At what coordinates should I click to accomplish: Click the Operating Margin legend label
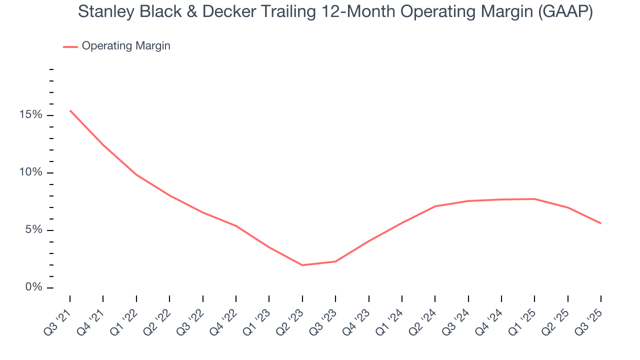point(126,46)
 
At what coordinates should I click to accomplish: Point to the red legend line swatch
point(70,46)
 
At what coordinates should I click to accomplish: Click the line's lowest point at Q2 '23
point(302,265)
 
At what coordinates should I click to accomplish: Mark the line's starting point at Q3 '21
point(70,110)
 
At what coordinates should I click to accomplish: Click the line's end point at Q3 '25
point(600,223)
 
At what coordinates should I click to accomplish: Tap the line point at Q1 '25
point(534,199)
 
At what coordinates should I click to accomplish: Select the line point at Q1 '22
point(136,175)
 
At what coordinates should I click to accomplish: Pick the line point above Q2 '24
point(435,206)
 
